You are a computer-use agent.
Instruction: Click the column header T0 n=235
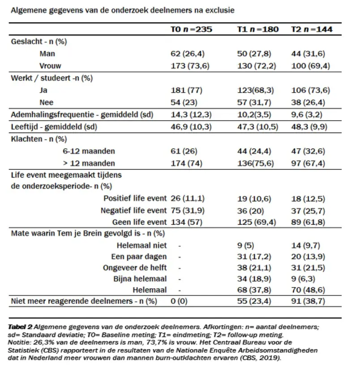(191, 30)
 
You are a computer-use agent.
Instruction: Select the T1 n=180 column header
(257, 30)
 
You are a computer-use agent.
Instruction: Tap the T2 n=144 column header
(312, 30)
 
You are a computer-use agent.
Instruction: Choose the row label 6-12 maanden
(89, 151)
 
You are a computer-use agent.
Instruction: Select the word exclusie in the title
(219, 9)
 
